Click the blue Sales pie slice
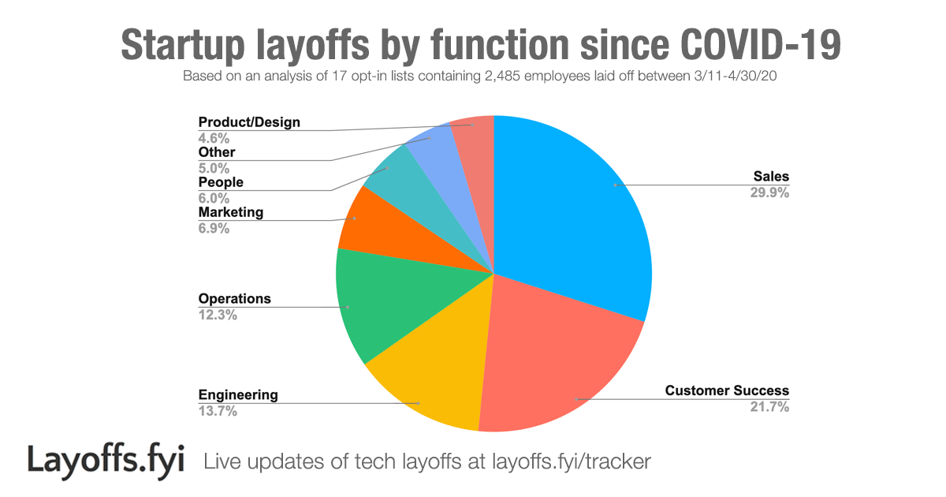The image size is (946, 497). tap(575, 205)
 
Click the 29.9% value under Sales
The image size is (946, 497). tap(769, 192)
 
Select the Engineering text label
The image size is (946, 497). tap(238, 394)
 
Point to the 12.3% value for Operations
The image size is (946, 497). tap(218, 315)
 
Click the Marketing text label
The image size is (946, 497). tap(231, 212)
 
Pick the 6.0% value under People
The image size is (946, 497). tap(214, 198)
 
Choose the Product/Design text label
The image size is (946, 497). tap(249, 122)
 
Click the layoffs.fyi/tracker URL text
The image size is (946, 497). tap(571, 461)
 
